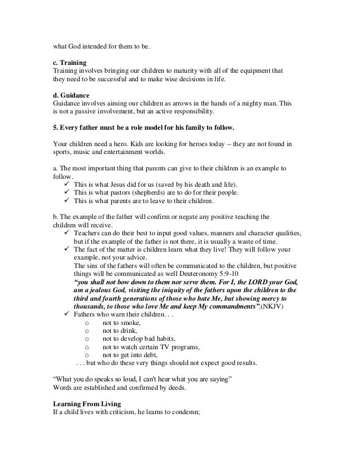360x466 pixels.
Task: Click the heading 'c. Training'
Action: click(x=69, y=62)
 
